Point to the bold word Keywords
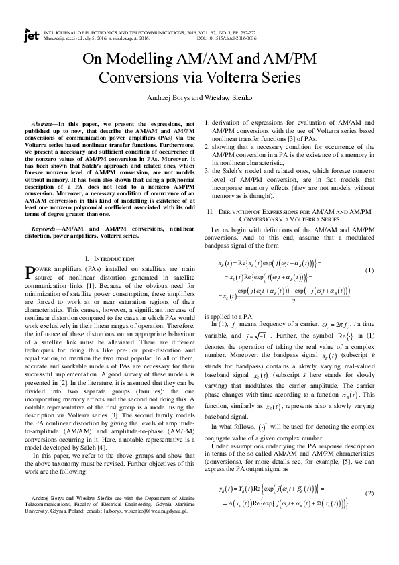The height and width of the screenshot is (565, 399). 46,229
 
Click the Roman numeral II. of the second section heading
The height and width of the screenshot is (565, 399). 211,212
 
